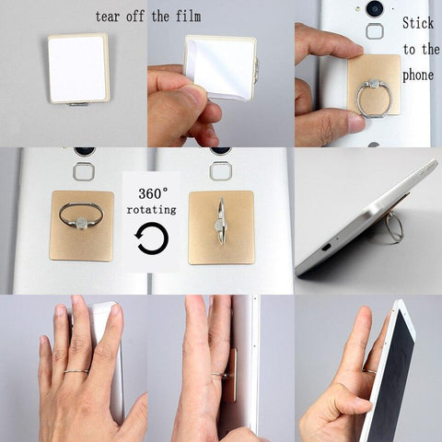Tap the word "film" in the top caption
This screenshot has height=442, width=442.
point(186,17)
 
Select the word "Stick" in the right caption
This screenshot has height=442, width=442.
point(419,23)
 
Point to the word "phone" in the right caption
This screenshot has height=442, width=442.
point(420,74)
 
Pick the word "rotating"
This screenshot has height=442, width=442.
point(153,210)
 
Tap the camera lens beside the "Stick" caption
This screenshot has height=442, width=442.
point(375,8)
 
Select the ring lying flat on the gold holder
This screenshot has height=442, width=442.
point(81,216)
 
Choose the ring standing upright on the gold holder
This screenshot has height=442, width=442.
point(220,221)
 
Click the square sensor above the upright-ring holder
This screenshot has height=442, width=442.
point(220,171)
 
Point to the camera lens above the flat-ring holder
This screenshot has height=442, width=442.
point(84,150)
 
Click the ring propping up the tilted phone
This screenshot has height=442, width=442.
point(393,226)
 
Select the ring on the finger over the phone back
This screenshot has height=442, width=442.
point(76,371)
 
